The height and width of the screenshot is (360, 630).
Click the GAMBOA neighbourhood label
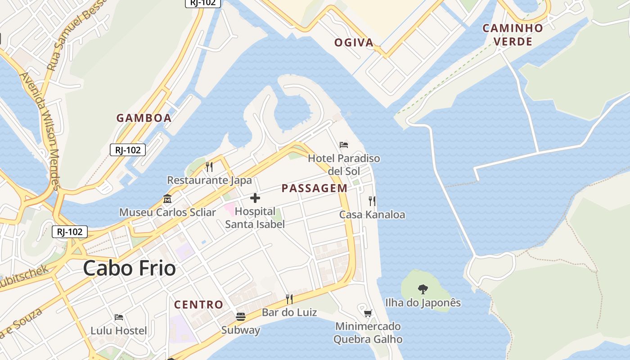coord(144,118)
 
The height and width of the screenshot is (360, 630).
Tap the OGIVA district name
coord(354,43)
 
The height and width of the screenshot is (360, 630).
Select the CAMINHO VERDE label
coord(513,35)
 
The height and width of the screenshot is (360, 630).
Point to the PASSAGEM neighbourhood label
coord(315,189)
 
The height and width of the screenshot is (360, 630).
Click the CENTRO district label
coord(198,305)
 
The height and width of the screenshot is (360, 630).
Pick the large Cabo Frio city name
coord(130,269)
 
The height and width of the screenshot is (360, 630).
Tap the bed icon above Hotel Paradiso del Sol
coord(344,145)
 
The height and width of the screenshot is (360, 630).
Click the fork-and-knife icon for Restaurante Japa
coord(209,167)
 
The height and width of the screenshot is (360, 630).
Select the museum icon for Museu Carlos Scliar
coord(167,198)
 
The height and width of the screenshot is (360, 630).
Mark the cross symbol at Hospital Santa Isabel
coord(255,198)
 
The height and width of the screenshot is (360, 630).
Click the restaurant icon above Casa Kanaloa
coord(372,201)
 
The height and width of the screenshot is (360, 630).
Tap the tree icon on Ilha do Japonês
coord(423,289)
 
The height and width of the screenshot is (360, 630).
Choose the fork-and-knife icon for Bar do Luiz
coord(289,299)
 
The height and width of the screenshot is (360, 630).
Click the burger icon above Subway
coord(241,317)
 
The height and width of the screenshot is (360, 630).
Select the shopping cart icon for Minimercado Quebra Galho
coord(368,313)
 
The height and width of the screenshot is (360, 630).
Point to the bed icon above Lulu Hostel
coord(119,317)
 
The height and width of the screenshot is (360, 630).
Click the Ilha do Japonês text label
coord(423,303)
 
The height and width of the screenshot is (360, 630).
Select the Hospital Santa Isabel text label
coord(255,217)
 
